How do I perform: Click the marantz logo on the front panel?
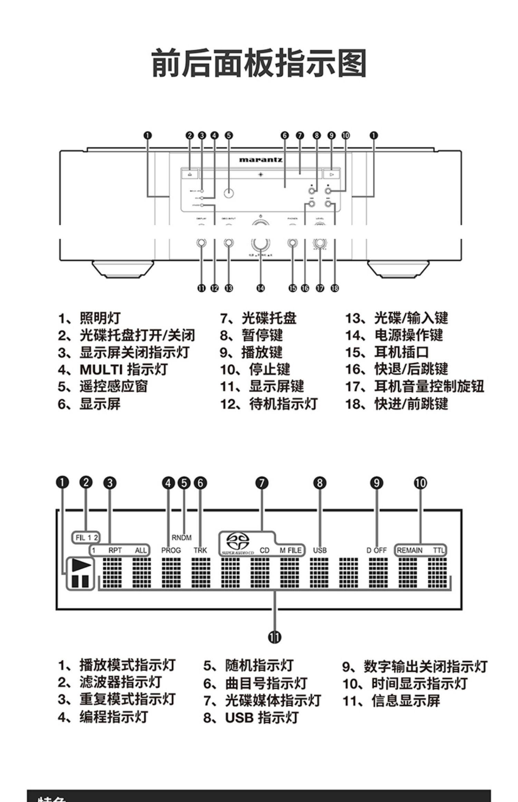(261, 160)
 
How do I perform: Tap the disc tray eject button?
(190, 174)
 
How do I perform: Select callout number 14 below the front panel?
(260, 288)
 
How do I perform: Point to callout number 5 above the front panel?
(229, 135)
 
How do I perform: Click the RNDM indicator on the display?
(181, 538)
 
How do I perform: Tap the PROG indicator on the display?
(171, 550)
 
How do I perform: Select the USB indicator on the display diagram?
(320, 550)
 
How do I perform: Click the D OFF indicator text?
(376, 550)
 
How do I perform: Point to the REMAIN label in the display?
(410, 550)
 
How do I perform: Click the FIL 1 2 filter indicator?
(86, 538)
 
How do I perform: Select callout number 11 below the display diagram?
(275, 637)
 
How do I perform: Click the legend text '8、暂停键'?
(251, 335)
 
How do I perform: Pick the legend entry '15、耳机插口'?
(387, 352)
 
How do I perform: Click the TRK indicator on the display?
(200, 550)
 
